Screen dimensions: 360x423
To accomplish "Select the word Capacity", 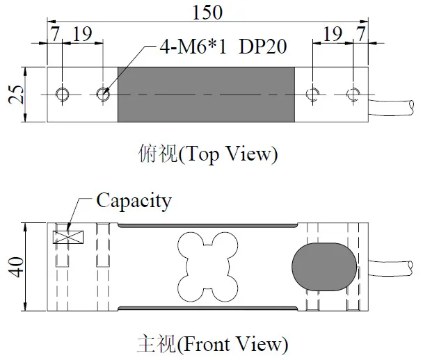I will pos(133,201).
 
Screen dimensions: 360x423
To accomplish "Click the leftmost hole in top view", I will pos(63,94).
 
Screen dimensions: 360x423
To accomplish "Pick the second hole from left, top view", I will pos(104,94).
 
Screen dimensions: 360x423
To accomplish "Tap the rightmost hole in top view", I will pos(354,94).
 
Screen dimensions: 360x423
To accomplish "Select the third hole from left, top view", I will pos(314,94).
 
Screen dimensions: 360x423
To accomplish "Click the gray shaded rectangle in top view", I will pos(207,94).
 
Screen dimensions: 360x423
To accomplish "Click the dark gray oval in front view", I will pos(321,266).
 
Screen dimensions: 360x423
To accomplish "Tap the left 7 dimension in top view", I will pos(54,34).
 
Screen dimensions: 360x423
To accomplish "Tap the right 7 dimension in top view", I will pos(360,34).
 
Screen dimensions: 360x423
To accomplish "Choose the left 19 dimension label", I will pos(82,34).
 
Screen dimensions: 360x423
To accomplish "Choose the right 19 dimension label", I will pos(333,34).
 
